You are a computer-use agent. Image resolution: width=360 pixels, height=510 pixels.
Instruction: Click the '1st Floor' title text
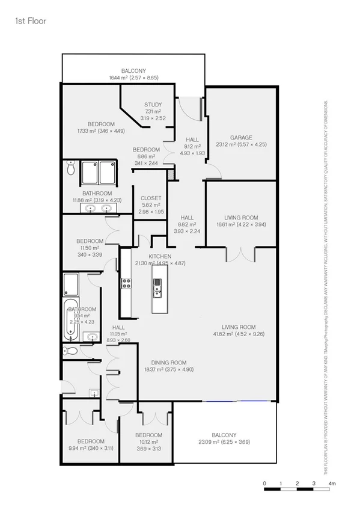[30, 21]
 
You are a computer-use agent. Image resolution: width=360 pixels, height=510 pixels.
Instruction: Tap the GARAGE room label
[241, 137]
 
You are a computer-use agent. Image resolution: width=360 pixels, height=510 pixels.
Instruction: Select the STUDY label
[153, 105]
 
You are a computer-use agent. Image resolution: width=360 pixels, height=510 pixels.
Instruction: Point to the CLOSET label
[151, 198]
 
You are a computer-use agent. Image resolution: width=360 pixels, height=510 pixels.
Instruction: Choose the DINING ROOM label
[169, 363]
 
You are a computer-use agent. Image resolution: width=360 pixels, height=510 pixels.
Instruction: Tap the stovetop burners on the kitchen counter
[127, 283]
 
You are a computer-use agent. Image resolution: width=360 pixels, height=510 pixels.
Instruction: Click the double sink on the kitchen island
[157, 289]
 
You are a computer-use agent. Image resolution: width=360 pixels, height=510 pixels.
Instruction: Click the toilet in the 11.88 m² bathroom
[70, 169]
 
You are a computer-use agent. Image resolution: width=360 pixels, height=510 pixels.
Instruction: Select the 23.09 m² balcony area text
[224, 442]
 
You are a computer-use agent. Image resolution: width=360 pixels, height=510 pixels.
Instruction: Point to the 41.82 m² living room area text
[240, 334]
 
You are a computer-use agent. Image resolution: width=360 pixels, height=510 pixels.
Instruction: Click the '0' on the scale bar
[264, 483]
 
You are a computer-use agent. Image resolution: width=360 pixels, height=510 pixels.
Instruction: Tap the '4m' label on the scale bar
[332, 483]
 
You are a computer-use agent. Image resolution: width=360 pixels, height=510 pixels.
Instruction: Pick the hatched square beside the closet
[171, 175]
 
